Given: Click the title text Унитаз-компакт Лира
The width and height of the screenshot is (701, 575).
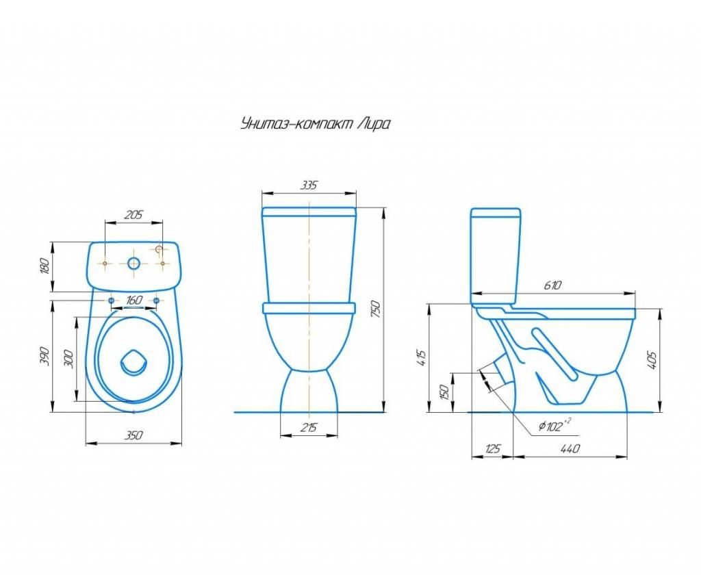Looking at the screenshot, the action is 315,123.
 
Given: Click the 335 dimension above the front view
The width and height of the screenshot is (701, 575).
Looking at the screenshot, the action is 309,185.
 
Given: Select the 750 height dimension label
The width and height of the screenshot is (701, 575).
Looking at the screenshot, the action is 376,309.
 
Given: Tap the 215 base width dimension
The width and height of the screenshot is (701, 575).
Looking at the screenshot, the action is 308,428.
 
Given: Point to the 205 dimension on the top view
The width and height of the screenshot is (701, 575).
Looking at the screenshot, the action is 133,215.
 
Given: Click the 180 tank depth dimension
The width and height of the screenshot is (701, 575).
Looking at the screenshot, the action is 44,266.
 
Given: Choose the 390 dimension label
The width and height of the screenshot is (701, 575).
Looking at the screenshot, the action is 45,356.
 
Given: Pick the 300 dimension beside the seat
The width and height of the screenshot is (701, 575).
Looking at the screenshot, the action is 68,359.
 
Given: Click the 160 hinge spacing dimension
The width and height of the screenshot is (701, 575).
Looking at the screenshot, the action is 133,300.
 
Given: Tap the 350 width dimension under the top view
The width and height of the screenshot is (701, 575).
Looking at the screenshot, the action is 133,435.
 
